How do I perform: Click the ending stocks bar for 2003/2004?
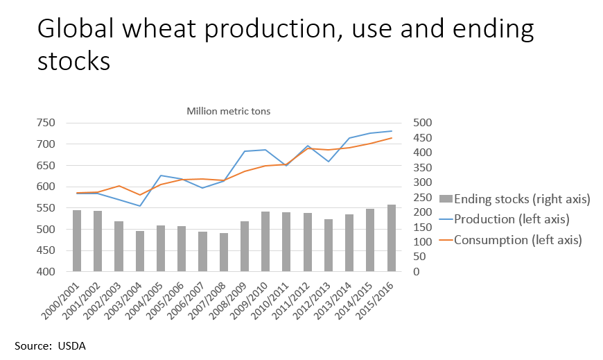(140, 251)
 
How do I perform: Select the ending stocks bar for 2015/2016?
(392, 238)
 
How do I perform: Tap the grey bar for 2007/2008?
(224, 252)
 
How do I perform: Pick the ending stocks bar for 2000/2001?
(77, 241)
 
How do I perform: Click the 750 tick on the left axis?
(46, 123)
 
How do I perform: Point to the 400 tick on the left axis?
(46, 271)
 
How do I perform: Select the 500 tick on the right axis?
(423, 123)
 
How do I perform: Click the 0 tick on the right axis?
(417, 271)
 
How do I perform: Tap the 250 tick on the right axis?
(423, 198)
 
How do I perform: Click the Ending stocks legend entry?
(515, 199)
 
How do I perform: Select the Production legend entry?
(504, 219)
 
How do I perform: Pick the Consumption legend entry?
(511, 240)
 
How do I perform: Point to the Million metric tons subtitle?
(229, 111)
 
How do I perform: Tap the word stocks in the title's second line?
(74, 61)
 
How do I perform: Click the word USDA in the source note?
(72, 345)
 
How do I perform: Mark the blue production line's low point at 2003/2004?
(140, 206)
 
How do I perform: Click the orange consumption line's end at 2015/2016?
(392, 138)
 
